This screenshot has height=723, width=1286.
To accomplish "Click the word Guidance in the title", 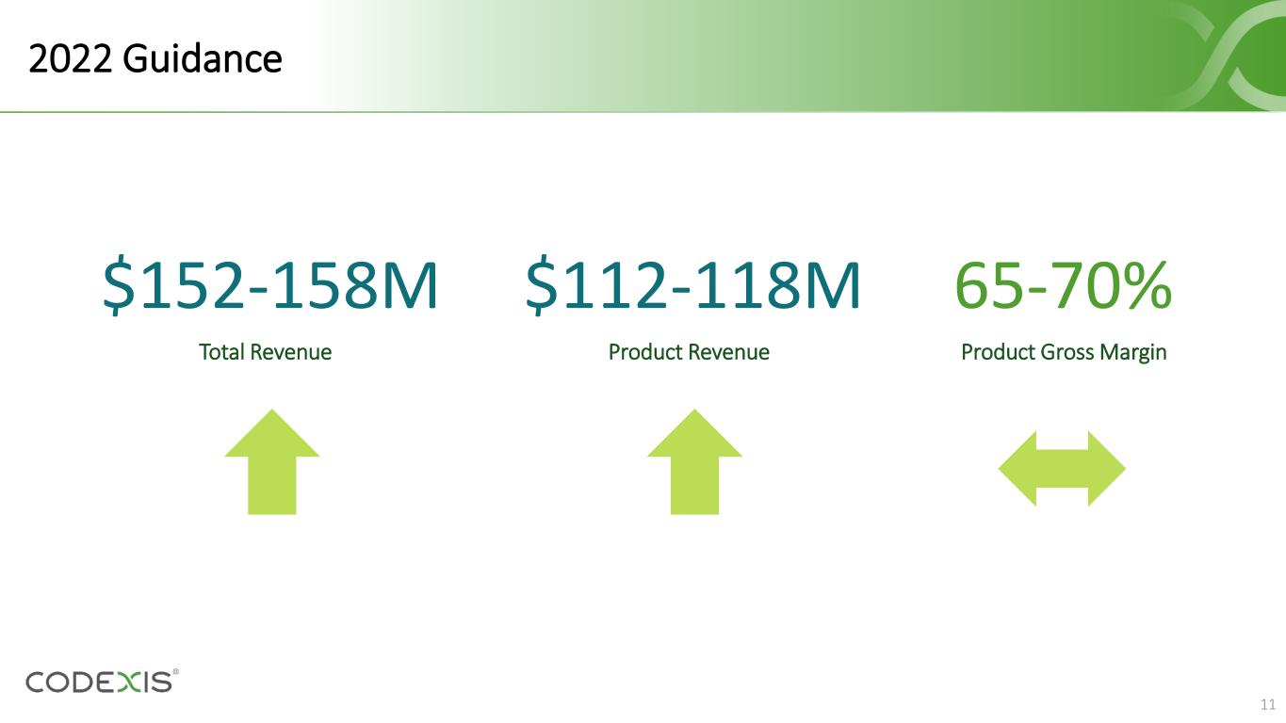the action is (x=202, y=58).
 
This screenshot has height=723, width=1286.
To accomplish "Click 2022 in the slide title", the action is (x=70, y=58).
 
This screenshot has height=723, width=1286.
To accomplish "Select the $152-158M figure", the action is (x=270, y=286).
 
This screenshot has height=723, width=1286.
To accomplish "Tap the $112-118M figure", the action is (x=693, y=286).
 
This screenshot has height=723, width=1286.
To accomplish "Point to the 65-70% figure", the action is (x=1064, y=285).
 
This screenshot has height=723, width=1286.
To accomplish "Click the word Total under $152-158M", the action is (x=221, y=352).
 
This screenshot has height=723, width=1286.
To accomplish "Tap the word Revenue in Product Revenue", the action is (x=728, y=352).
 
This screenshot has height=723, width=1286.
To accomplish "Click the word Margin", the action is (x=1133, y=353).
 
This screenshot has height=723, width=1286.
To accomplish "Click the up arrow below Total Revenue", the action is (x=271, y=462).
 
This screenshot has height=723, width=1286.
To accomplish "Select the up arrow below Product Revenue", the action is (x=694, y=462).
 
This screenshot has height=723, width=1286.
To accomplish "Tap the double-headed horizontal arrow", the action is (x=1062, y=469).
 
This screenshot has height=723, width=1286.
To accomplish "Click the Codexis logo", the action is (x=102, y=682).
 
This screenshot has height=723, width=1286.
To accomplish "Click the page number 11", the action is (x=1268, y=704).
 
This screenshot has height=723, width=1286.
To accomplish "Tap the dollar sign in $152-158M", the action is (x=119, y=286).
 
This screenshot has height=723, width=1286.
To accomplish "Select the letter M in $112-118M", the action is (x=833, y=286).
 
